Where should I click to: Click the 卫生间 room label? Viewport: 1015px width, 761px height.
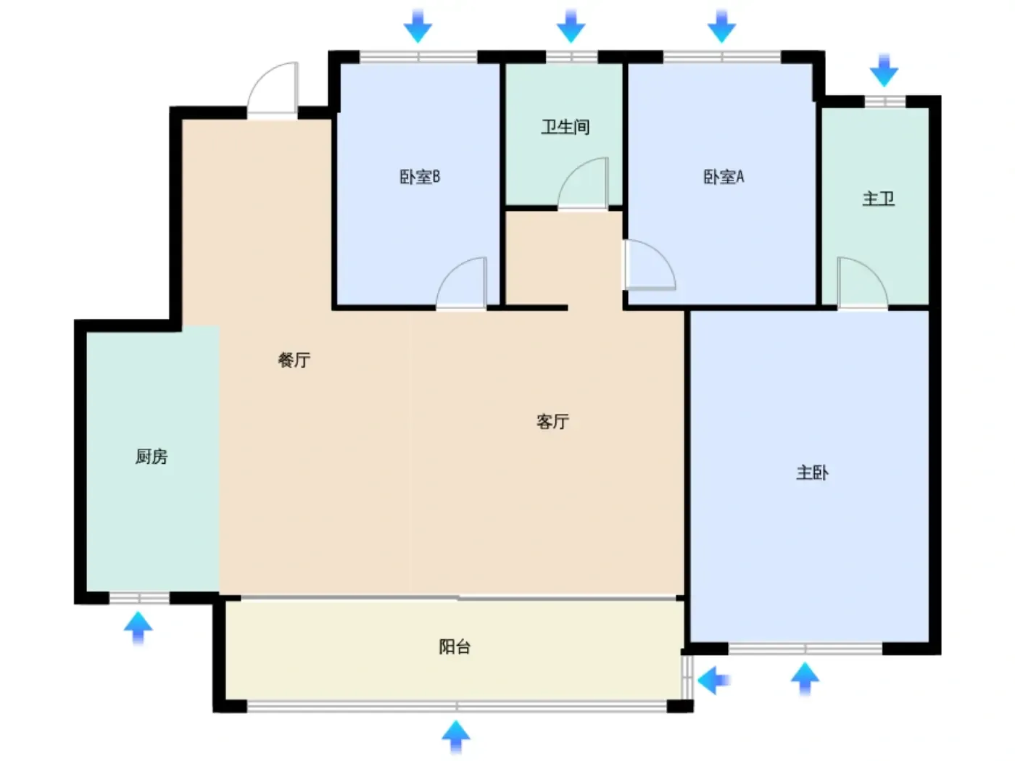point(565,127)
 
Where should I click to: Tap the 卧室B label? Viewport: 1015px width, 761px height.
point(420,177)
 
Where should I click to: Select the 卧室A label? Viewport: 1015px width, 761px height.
point(724,177)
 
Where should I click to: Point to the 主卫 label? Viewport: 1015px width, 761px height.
point(878,199)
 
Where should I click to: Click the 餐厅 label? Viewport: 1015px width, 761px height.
point(294,360)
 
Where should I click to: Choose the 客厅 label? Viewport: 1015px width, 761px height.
point(552,421)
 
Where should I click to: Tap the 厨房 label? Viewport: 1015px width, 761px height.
point(152,457)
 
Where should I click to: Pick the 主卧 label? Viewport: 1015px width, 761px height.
point(812,473)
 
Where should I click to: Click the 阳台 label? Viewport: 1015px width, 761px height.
point(455,647)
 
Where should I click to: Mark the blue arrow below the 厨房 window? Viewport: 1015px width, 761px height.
point(138,628)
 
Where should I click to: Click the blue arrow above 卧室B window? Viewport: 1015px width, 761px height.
point(418,26)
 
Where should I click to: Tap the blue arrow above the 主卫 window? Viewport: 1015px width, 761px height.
point(884,70)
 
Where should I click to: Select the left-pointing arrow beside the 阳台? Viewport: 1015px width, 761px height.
point(713,680)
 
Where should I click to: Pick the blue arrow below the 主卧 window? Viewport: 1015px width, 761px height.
point(805,678)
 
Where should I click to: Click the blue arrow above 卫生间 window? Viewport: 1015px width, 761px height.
point(571,26)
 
